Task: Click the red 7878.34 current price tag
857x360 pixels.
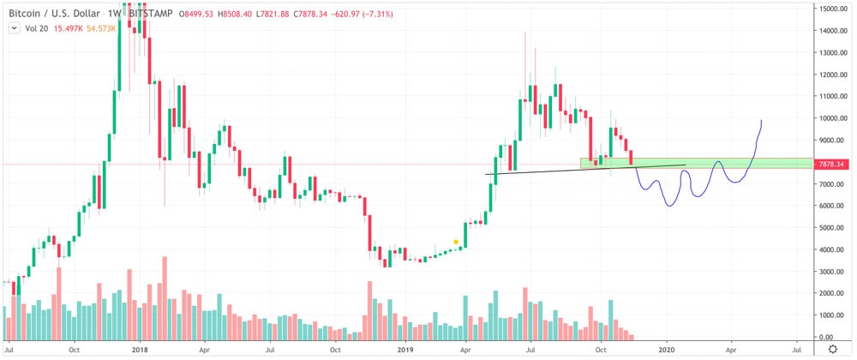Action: (x=831, y=164)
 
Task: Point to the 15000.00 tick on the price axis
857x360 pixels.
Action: (x=830, y=9)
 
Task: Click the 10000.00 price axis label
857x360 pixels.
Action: (x=830, y=118)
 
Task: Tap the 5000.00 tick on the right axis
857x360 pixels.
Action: (x=832, y=227)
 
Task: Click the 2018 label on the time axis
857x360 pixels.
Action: (x=140, y=351)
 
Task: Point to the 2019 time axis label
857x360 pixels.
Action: (x=406, y=351)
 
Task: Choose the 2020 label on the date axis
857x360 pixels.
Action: (x=668, y=351)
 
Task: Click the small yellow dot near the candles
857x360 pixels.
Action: (x=454, y=243)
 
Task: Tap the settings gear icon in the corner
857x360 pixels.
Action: (x=831, y=351)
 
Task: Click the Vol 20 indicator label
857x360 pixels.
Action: (x=35, y=27)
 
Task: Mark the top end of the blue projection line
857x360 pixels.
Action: (x=761, y=121)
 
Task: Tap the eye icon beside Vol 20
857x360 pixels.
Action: (x=14, y=27)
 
